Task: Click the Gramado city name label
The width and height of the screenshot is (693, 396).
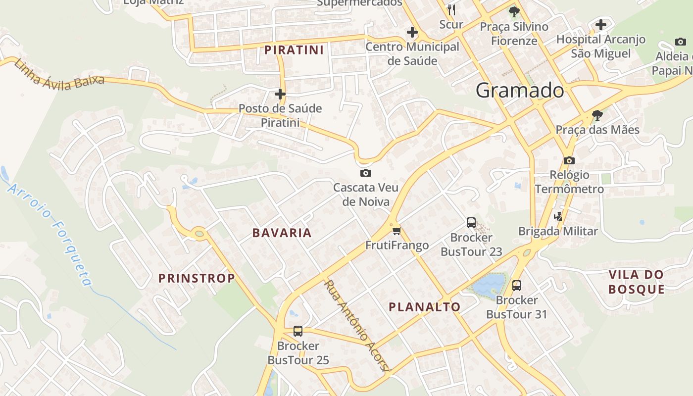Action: pos(519,91)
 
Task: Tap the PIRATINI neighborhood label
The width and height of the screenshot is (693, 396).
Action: pos(294,50)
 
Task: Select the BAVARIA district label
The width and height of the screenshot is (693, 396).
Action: pos(282,233)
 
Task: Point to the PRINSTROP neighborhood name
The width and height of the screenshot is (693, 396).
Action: pos(197,278)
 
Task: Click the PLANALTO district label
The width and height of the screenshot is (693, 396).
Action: pos(425,307)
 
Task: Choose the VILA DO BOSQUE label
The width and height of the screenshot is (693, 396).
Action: pos(636,282)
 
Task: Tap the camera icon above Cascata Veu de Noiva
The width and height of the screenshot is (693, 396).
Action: pos(366,173)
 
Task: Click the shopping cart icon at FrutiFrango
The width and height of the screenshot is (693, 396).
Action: pos(396,231)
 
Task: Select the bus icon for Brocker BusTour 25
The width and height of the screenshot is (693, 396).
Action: pos(298,331)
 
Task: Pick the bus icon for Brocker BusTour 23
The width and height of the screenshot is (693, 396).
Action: pos(471,223)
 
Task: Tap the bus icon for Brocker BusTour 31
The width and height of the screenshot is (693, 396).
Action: pos(516,286)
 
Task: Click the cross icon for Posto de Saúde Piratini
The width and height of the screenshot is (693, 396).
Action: pos(280,94)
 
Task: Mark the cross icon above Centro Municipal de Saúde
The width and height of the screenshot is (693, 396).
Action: pos(412,33)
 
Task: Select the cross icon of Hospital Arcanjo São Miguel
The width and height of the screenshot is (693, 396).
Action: pos(601,24)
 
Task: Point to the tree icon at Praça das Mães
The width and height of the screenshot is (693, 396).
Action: pos(597,115)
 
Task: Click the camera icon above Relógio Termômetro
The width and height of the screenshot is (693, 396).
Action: pos(569,160)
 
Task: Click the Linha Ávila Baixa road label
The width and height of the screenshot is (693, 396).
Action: pos(59,75)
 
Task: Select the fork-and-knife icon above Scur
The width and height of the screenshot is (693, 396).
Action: pos(451,10)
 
